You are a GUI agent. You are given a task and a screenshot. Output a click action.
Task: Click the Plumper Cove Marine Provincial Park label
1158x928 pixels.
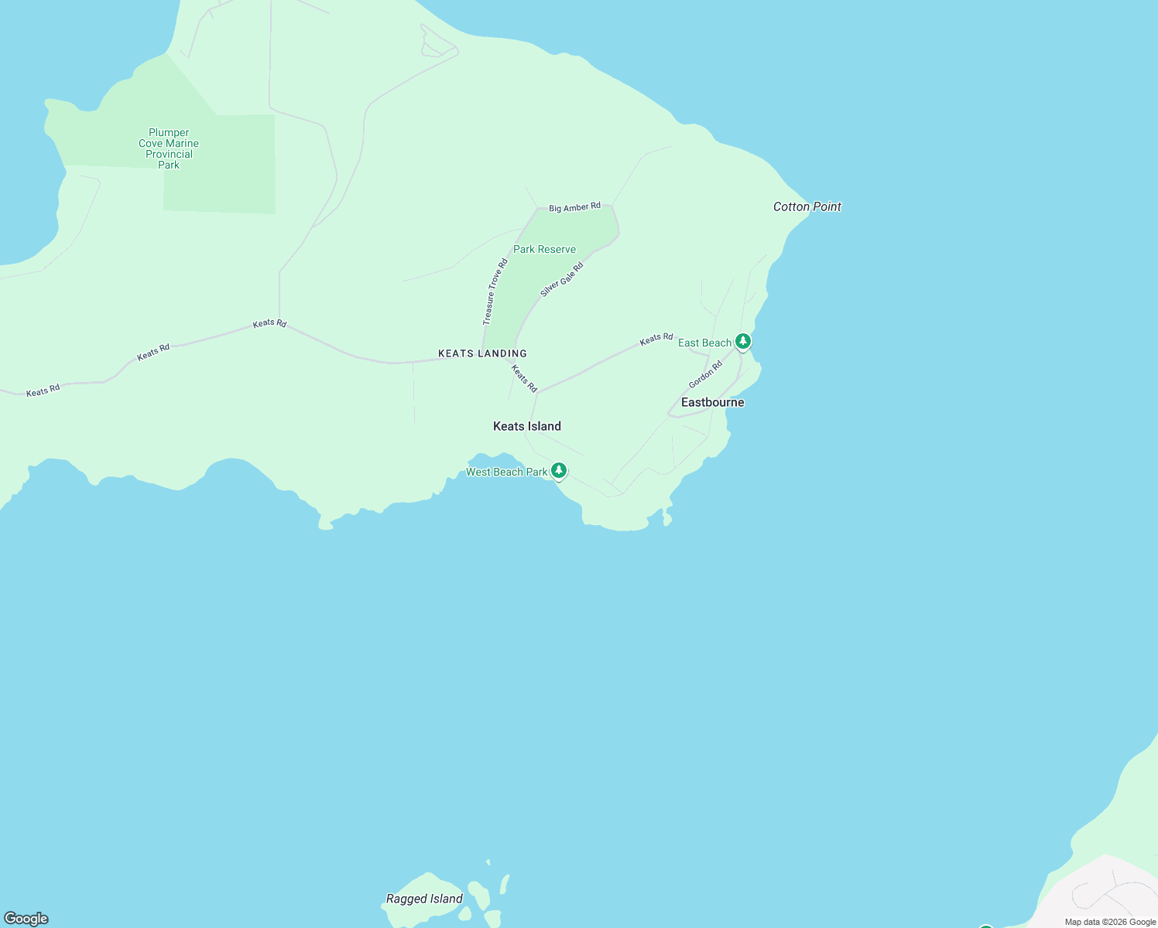click(x=169, y=148)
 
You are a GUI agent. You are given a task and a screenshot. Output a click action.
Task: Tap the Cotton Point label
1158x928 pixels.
click(x=807, y=206)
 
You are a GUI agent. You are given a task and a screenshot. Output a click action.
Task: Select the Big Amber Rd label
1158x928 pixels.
click(x=574, y=207)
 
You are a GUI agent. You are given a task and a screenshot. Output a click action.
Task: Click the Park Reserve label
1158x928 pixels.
click(x=544, y=249)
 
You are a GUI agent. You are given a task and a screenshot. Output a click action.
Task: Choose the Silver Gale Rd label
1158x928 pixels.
click(x=562, y=279)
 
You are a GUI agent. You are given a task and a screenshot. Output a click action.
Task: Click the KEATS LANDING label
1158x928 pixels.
click(x=482, y=353)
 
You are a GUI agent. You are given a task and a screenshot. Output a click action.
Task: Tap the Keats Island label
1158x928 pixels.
click(x=526, y=426)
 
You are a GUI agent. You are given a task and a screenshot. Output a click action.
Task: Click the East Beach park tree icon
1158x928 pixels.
click(x=743, y=341)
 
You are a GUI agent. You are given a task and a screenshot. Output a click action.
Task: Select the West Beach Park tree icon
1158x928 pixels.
click(x=558, y=470)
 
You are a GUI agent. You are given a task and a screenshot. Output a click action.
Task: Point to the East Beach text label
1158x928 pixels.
click(x=704, y=343)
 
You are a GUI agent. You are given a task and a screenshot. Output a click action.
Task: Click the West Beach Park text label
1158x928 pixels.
click(x=506, y=472)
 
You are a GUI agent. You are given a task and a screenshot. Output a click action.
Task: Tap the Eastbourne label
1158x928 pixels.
click(x=712, y=402)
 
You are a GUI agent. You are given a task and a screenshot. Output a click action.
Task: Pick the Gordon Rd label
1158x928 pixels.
click(x=705, y=374)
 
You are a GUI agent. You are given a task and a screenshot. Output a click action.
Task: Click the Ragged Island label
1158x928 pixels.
click(x=424, y=899)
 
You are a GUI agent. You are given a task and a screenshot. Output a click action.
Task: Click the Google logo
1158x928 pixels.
click(x=26, y=919)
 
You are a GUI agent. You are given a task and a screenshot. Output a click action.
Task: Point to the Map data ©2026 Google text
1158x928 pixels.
click(x=1110, y=922)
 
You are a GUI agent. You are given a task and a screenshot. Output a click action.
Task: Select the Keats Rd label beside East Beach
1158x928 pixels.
click(x=656, y=338)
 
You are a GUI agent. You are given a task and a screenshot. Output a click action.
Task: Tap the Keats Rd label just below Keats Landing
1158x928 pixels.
click(x=524, y=378)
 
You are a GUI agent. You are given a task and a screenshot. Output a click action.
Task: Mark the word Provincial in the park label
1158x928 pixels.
click(x=169, y=154)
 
